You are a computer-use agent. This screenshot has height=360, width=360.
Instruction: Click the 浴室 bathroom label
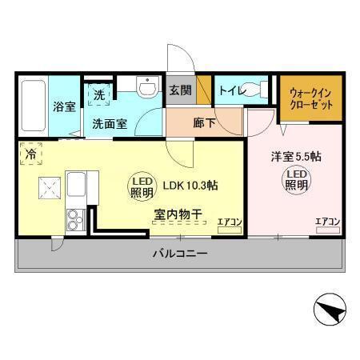[64, 106]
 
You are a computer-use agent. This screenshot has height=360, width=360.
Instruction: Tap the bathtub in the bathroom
[33, 106]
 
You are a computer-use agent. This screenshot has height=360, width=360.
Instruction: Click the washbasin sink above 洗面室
[146, 87]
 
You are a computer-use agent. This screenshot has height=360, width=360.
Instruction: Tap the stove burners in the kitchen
[78, 218]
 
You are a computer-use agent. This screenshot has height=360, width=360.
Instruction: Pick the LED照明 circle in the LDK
[143, 186]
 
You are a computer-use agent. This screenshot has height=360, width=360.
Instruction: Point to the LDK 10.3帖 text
[190, 186]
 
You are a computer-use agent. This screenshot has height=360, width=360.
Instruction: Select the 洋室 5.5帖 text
[295, 157]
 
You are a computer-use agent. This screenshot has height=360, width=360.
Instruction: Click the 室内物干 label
[177, 214]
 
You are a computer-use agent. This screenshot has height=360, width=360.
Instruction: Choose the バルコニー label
[180, 254]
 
